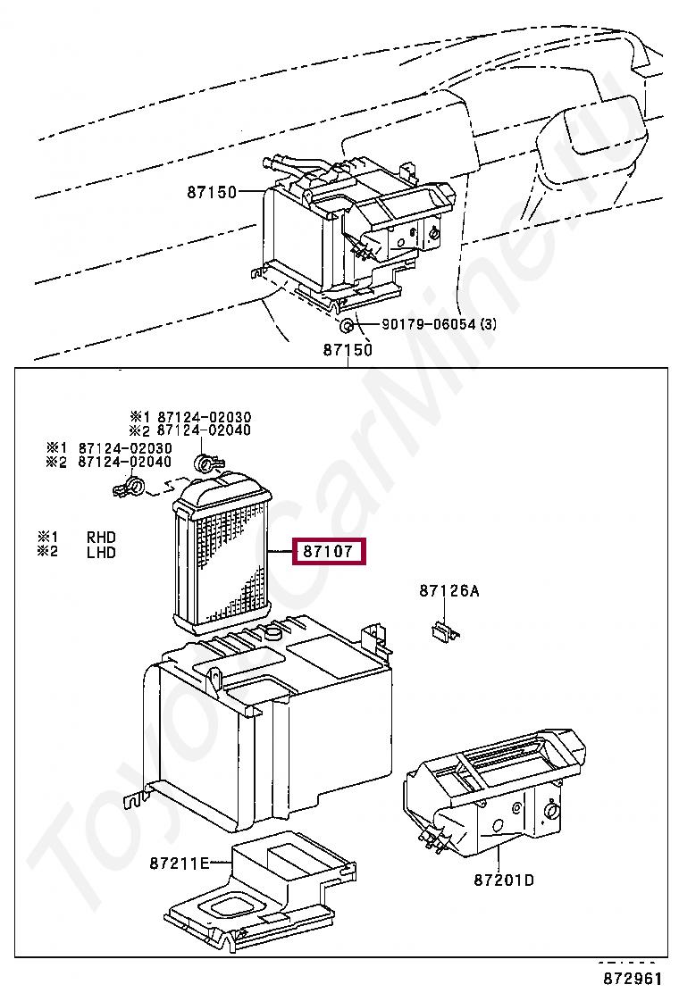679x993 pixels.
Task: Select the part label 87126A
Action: [449, 591]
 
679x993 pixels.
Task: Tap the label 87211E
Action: [179, 863]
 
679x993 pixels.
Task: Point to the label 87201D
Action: [504, 880]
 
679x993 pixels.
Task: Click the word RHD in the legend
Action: [101, 538]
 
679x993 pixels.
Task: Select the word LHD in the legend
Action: [101, 552]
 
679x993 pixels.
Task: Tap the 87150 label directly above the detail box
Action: [348, 350]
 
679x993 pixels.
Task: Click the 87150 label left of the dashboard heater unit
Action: [211, 192]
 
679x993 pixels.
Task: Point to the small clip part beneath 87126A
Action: [442, 631]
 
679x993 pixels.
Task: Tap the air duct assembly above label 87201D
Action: [496, 786]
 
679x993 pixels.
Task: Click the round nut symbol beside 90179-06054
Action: [346, 326]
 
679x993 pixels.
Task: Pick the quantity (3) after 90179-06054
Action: [488, 325]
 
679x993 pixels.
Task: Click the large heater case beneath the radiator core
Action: [268, 723]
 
